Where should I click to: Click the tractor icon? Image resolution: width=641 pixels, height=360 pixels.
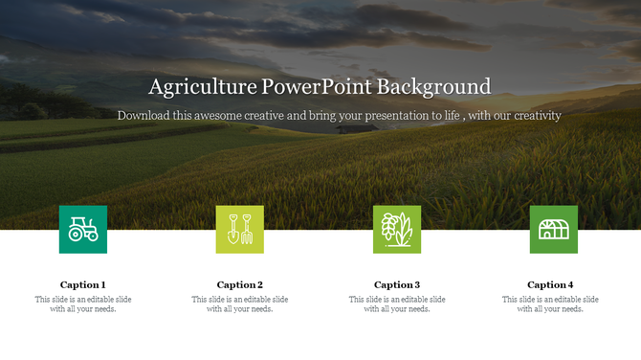coord(83,229)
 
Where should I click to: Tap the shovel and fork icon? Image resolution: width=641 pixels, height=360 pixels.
coord(240,229)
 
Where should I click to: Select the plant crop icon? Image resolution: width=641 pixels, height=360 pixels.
coord(397,229)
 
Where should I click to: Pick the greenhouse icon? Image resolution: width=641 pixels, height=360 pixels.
coord(554,229)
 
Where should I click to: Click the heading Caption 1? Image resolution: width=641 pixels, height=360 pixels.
coord(83,284)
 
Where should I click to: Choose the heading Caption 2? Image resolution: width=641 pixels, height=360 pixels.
coord(240,284)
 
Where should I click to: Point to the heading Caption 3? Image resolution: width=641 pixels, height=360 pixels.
coord(397,284)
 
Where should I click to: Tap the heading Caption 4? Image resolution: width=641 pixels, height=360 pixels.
coord(550,284)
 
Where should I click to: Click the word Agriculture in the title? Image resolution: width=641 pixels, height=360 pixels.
coord(202,87)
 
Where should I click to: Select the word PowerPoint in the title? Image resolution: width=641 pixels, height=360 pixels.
coord(317,87)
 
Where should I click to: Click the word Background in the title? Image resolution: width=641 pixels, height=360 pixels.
coord(433,87)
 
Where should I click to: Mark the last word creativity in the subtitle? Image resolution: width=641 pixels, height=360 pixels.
coord(535,115)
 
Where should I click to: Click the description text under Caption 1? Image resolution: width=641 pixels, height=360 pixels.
coord(83,304)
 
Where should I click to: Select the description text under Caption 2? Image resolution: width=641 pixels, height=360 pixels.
coord(240,304)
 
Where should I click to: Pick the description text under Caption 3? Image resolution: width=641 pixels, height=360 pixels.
coord(397,304)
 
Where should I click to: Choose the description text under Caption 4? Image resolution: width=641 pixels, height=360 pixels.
coord(550,304)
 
